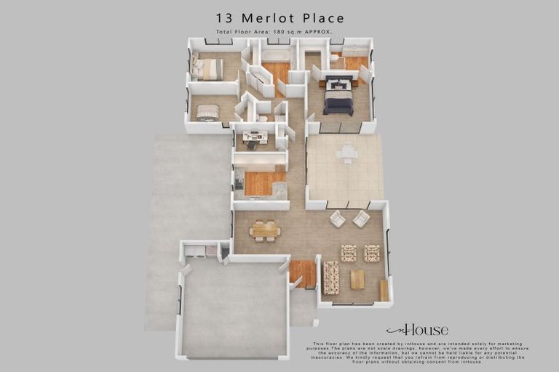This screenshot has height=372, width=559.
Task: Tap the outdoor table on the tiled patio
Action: tap(346, 153)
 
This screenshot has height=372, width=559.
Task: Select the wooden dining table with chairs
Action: tap(264, 230)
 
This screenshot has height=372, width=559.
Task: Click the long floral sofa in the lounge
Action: tap(330, 278)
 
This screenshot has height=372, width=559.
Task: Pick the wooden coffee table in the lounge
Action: tap(357, 279)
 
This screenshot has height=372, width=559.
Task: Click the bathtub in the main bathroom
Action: tap(276, 55)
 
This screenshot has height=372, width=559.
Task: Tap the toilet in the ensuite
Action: tap(335, 58)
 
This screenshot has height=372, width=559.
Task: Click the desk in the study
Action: tap(255, 137)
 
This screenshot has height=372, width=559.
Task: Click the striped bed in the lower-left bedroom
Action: tap(207, 112)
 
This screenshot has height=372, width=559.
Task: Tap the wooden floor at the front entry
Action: tap(302, 273)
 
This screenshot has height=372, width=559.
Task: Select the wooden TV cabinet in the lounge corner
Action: tap(384, 290)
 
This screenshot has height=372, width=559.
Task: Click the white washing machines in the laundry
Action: tap(195, 251)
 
